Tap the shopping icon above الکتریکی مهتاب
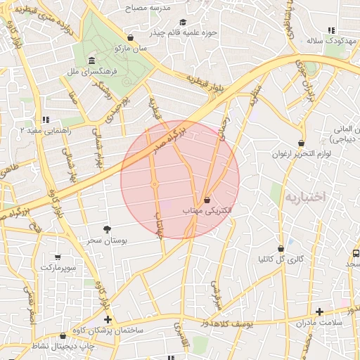[207, 200]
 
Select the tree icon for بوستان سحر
[107, 230]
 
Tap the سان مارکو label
[131, 49]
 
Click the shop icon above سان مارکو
[131, 38]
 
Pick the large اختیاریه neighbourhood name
[306, 197]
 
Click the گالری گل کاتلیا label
[281, 259]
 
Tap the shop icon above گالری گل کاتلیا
[281, 248]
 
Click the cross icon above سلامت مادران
[319, 311]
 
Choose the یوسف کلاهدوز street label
[245, 322]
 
